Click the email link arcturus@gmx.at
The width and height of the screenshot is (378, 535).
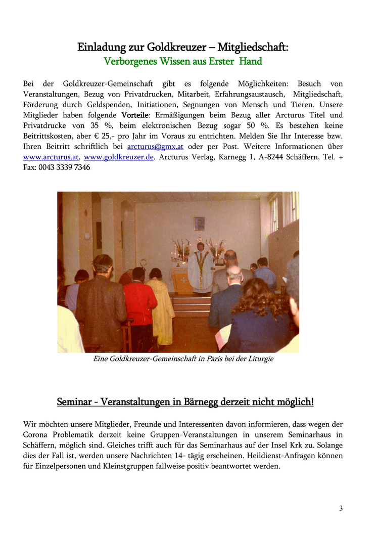coord(155,147)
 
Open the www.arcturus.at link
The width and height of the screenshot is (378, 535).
coord(51,157)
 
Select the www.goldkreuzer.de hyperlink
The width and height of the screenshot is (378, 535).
coord(118,157)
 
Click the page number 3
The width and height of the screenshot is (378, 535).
coord(341,508)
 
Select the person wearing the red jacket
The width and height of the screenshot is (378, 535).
coord(139,303)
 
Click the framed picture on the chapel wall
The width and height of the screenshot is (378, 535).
coord(200,224)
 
